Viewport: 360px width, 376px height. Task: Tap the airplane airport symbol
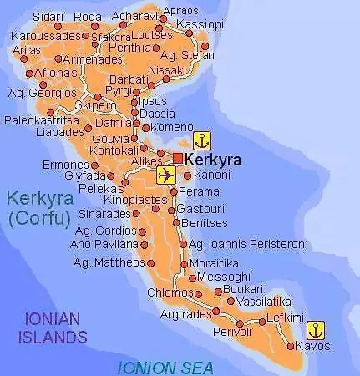tap(166, 175)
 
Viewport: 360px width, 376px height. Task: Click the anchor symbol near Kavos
tap(317, 328)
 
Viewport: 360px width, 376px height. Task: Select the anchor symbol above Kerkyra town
tap(201, 140)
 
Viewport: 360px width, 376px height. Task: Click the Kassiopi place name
tap(201, 23)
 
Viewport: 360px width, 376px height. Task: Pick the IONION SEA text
tap(165, 368)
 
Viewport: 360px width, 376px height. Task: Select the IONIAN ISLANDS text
tap(56, 328)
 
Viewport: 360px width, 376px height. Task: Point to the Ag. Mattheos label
tap(109, 262)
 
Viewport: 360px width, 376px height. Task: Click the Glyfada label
tap(84, 175)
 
